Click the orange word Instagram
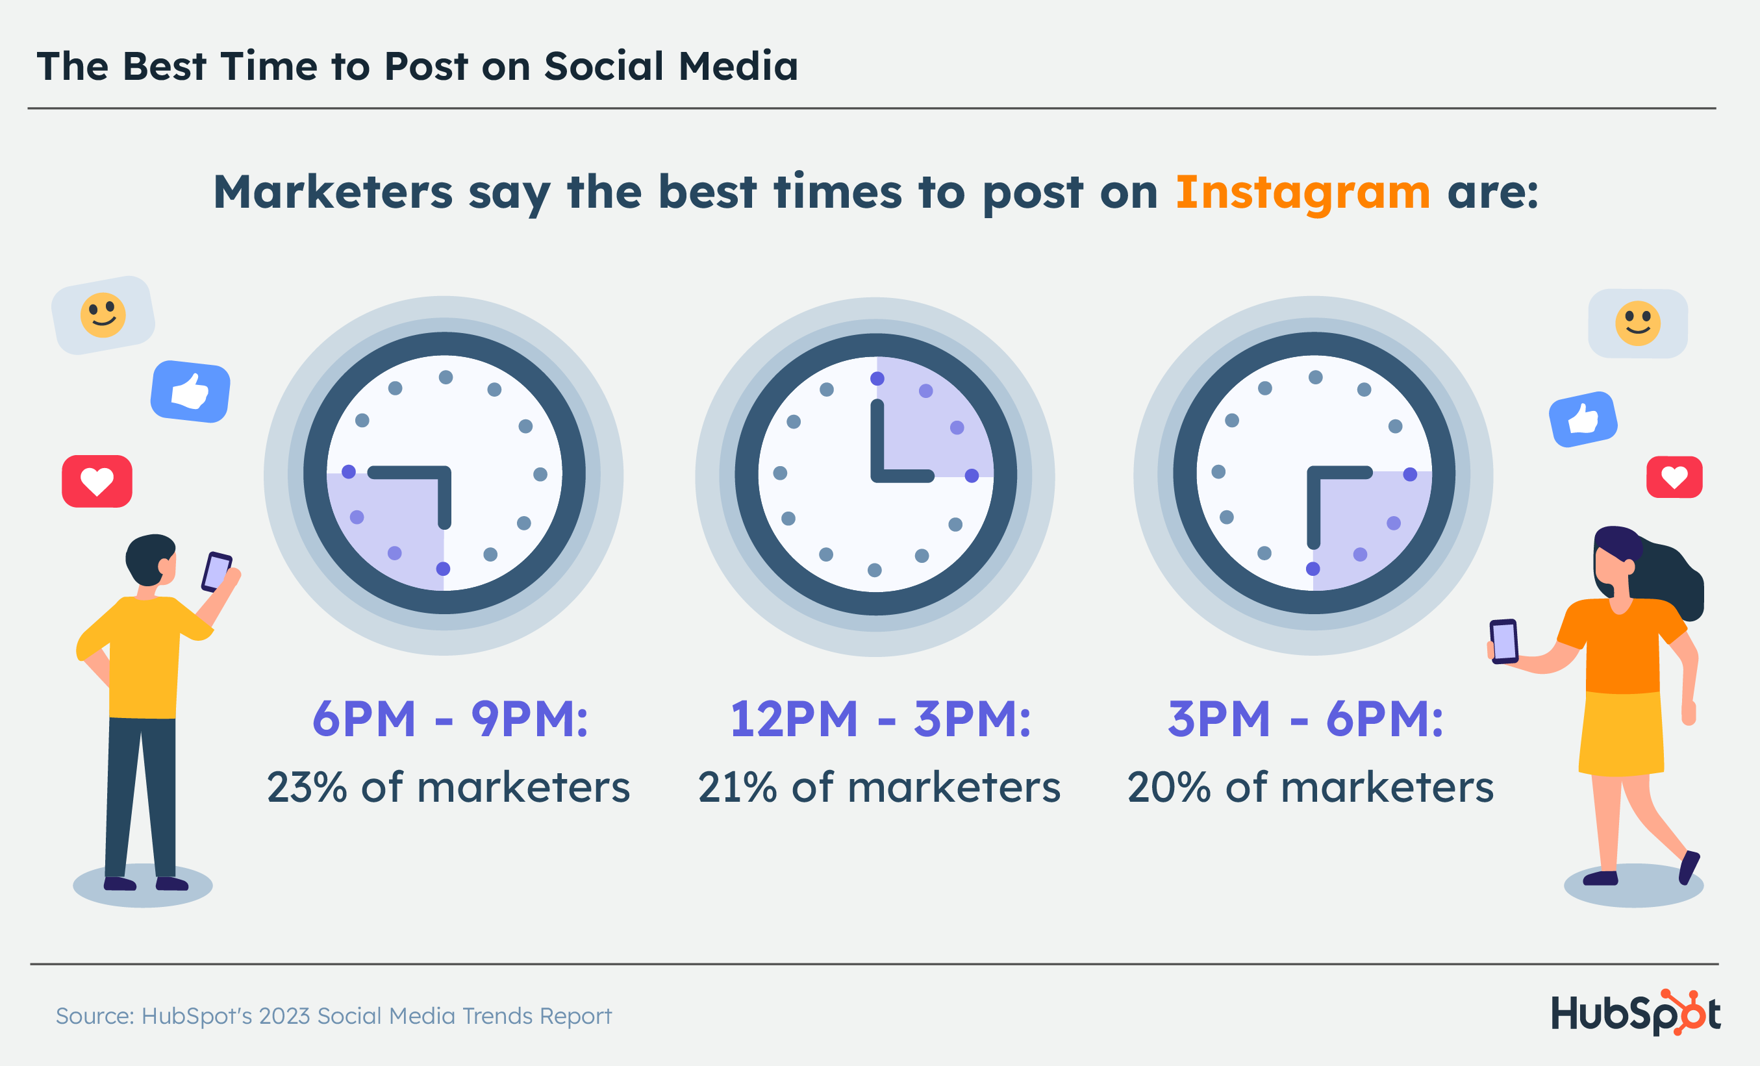[x=1302, y=193]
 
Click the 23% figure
[x=307, y=787]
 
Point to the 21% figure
[x=737, y=787]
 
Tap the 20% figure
[x=1168, y=787]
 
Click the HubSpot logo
[x=1636, y=1013]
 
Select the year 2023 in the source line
[x=284, y=1015]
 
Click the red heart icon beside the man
[x=97, y=481]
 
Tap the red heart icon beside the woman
[x=1674, y=477]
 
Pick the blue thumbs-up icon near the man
[x=191, y=391]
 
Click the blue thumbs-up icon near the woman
[x=1583, y=419]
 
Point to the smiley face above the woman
[x=1638, y=323]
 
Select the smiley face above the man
[x=103, y=315]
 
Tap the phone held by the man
[x=216, y=572]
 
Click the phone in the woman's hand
[x=1503, y=641]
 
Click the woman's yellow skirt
[x=1622, y=732]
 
